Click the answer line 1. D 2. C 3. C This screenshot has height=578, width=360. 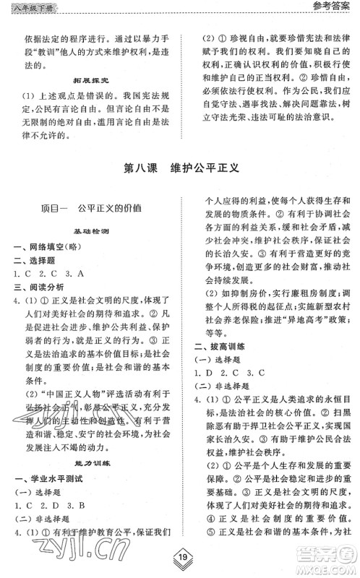coord(230,374)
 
